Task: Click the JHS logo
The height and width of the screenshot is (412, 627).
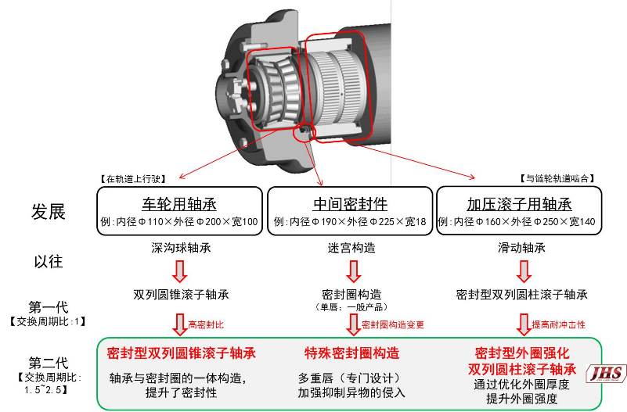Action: point(607,373)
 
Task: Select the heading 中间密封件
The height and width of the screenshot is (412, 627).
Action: point(350,205)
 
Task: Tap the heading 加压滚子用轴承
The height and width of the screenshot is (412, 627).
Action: point(520,205)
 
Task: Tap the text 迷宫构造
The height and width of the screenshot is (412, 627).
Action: point(350,248)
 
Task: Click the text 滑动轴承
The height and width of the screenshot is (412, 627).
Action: point(520,248)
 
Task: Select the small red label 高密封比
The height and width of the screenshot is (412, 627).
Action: point(205,324)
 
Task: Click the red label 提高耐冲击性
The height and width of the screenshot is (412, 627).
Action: point(558,324)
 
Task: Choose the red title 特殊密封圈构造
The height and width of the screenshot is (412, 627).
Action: point(351,353)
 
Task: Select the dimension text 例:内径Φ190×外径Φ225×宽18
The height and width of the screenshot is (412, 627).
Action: point(350,222)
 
